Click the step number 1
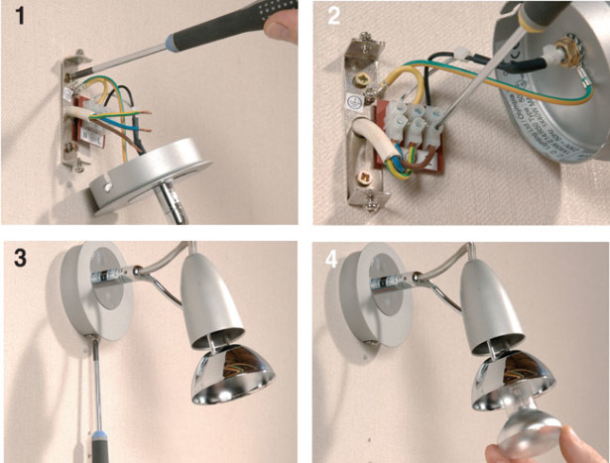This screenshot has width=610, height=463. pos(16,17)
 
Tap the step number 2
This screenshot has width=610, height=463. pos(331,17)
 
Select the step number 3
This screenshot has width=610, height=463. pos(16,260)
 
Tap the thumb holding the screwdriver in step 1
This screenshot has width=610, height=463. pos(287,25)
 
